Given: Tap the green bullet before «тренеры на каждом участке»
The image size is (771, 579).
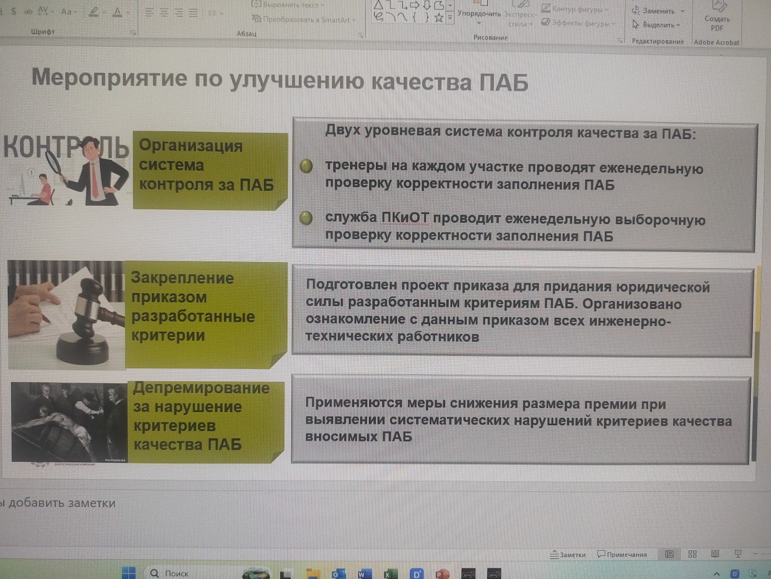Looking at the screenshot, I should click(x=306, y=166).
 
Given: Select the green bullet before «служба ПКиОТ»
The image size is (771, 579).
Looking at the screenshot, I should click(x=306, y=218).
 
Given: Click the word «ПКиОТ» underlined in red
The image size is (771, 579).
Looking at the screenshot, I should click(x=405, y=218).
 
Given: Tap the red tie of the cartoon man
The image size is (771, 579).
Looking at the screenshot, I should click(x=94, y=180).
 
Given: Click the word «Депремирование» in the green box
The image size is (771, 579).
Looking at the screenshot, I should click(x=201, y=388).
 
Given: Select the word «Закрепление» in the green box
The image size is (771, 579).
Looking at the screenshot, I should click(x=182, y=278).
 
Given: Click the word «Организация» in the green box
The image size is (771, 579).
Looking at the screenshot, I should click(x=191, y=146).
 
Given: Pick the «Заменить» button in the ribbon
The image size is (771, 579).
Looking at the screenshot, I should click(x=658, y=11).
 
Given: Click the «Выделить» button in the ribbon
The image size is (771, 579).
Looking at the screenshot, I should click(x=658, y=25).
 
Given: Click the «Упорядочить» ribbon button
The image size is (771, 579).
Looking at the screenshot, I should click(x=479, y=14).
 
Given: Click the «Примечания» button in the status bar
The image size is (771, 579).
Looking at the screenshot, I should click(x=622, y=555).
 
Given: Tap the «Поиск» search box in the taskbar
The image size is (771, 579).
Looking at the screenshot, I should click(x=176, y=573).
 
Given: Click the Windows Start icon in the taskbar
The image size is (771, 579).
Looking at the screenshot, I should click(x=128, y=573).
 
